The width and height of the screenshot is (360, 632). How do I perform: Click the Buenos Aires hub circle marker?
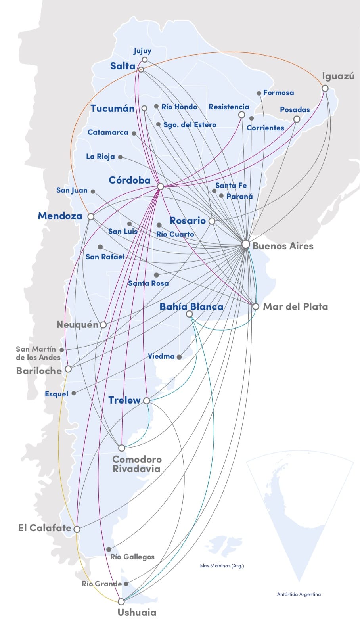(x=246, y=244)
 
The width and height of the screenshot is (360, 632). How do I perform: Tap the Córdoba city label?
(x=130, y=180)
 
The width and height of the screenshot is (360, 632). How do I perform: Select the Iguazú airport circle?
(x=325, y=88)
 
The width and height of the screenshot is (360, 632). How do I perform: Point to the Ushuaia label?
(x=137, y=612)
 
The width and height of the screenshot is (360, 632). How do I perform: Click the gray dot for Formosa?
(x=259, y=93)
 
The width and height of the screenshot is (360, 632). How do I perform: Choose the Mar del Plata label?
(x=295, y=306)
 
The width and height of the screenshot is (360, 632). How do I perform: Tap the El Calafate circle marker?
(x=77, y=529)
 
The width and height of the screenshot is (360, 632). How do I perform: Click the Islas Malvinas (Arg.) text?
(x=222, y=566)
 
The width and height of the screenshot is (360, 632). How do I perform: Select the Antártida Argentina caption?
(x=299, y=594)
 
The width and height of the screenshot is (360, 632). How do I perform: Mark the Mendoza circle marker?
(x=91, y=217)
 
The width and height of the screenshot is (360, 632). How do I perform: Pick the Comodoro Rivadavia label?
(x=137, y=464)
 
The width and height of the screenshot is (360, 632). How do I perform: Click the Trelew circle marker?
(x=147, y=401)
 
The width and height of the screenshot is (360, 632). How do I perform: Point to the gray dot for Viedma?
(x=179, y=357)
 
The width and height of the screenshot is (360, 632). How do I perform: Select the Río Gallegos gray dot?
(x=109, y=550)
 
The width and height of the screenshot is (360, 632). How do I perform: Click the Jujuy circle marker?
(x=145, y=60)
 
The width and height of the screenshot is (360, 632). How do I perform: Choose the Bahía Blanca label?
(x=191, y=306)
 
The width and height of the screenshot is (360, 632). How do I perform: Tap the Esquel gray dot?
(x=74, y=393)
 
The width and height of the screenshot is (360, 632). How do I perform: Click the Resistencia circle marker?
(x=241, y=115)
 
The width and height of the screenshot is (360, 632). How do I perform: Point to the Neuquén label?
(x=77, y=325)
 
